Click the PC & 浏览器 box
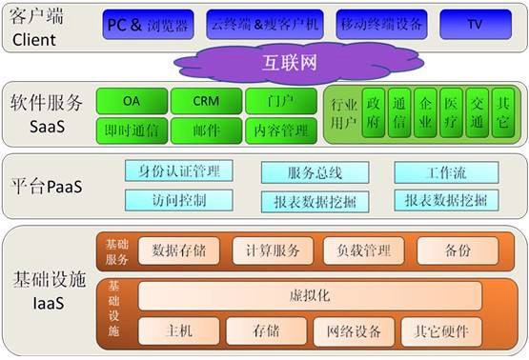148,25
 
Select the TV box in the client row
474,25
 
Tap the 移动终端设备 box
378,25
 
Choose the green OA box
132,100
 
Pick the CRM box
205,100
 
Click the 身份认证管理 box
178,171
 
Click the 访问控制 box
178,200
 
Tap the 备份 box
458,250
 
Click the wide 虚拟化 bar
309,296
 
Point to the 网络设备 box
354,331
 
